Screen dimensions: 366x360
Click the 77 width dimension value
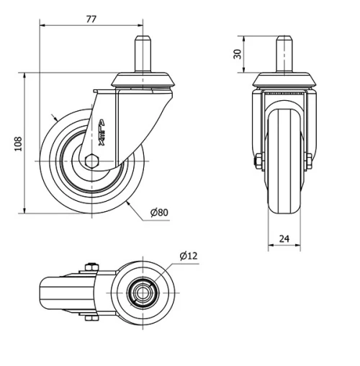pos(91,19)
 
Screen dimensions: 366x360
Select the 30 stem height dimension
pos(237,54)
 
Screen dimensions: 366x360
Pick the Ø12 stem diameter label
pos(188,256)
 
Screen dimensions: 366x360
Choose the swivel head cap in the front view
pos(284,79)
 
